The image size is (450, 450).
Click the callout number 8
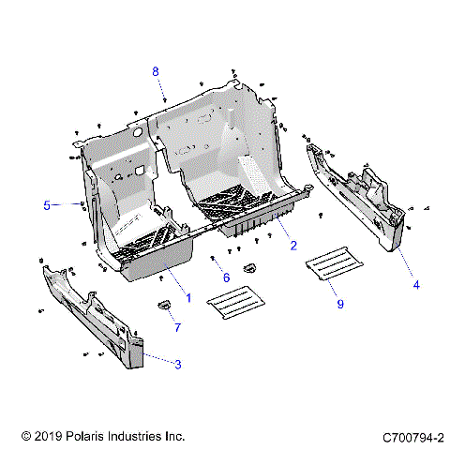(156, 71)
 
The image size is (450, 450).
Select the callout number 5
(46, 203)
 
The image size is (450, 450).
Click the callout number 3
(177, 364)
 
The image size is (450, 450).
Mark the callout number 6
(226, 277)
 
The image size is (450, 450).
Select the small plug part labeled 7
(161, 304)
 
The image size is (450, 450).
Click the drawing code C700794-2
(412, 437)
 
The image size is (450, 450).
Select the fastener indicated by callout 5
(83, 203)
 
